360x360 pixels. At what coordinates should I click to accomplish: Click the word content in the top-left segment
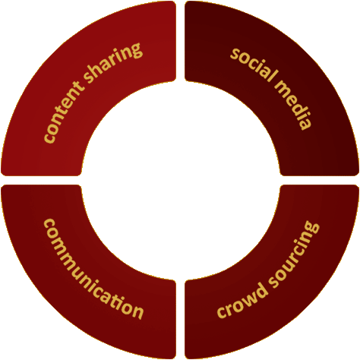coord(64,112)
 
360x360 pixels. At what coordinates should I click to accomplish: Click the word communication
coord(90,272)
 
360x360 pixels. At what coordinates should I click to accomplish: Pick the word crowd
coord(242,302)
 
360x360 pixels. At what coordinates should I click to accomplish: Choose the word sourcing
coord(295,253)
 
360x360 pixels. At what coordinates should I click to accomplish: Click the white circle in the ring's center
coord(180,180)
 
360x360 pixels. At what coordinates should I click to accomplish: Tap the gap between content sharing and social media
coord(180,41)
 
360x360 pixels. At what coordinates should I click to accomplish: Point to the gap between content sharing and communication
coord(41,180)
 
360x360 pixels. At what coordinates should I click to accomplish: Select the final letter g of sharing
coord(134,51)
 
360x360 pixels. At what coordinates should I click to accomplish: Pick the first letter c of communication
coord(49,225)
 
